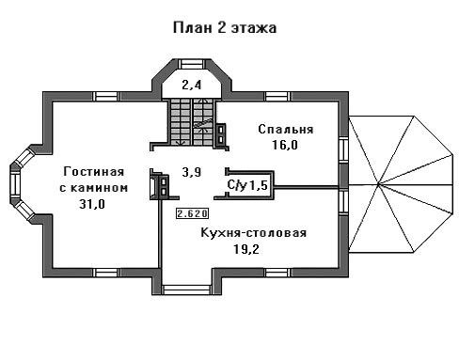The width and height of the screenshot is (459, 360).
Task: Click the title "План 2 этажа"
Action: [225, 27]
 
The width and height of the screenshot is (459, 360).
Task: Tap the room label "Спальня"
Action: [286, 129]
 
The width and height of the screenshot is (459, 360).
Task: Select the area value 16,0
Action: [285, 145]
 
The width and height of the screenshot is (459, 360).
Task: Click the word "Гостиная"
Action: [94, 171]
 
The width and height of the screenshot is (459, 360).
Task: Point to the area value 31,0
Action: [92, 204]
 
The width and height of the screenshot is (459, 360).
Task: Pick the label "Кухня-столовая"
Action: [253, 233]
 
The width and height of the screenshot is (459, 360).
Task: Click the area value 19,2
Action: [246, 249]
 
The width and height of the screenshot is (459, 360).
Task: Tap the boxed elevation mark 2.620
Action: [192, 213]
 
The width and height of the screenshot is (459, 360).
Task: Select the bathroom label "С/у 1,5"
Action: [247, 185]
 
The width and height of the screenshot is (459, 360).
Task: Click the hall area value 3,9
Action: [192, 172]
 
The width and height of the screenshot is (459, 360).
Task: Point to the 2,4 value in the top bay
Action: [191, 85]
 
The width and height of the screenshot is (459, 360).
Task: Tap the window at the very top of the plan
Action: [192, 64]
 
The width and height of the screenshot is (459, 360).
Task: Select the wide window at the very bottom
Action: [187, 290]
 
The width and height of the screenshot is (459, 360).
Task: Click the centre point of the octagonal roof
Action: [378, 184]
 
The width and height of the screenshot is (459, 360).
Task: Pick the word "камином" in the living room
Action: [100, 188]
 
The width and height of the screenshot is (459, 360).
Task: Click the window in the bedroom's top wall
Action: [277, 96]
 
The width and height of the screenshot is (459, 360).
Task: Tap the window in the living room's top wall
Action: [106, 96]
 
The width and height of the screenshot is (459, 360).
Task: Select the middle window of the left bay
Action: [14, 184]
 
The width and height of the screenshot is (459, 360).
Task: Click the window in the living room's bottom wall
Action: [107, 273]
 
